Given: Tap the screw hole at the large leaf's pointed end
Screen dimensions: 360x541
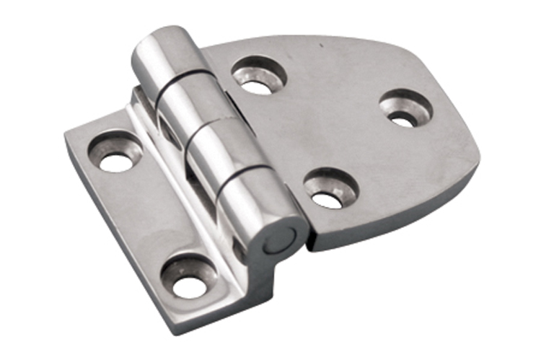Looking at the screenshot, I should (x=405, y=110).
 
